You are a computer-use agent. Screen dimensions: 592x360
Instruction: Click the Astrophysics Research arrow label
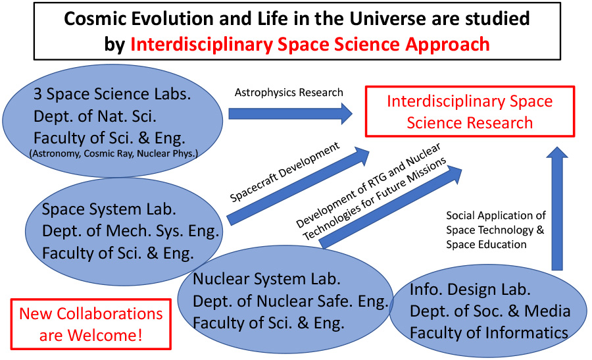289,93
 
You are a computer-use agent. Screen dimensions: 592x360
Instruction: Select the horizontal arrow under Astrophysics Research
290,114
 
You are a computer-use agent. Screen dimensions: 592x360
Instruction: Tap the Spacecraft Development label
285,172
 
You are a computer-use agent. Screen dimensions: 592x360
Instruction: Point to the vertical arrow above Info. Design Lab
557,209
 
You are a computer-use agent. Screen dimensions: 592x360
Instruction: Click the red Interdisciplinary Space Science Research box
470,111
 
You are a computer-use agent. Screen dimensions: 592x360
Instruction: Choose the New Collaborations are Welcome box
91,324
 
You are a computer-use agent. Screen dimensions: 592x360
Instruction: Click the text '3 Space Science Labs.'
112,94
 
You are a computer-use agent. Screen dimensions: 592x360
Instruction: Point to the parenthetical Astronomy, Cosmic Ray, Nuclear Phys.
113,153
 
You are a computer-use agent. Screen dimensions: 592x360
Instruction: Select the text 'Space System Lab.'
109,209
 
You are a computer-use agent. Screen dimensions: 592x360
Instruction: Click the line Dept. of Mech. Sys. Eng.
131,231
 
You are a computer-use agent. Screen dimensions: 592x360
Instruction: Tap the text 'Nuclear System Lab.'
266,279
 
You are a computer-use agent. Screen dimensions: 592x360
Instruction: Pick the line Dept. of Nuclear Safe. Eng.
291,301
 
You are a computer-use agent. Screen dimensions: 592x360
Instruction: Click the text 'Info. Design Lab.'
470,290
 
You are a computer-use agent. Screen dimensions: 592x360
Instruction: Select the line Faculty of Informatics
489,333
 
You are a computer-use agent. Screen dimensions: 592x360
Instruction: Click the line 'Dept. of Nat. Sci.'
95,116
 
